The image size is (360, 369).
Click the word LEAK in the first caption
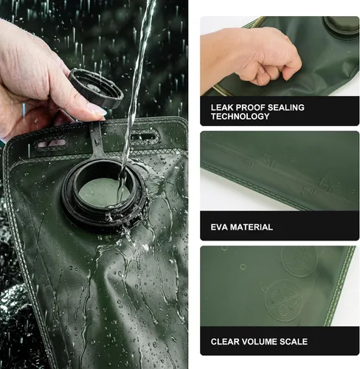pos(220,108)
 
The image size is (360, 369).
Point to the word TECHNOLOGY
pos(240,117)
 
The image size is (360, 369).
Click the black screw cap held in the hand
pos(95,88)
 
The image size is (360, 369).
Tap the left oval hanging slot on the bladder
pos(52,143)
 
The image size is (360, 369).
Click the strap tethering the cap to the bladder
pos(97,140)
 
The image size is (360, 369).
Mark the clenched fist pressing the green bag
pos(255,56)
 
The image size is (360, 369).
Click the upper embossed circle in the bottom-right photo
pos(299,261)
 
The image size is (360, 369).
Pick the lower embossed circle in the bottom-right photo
pos(284,300)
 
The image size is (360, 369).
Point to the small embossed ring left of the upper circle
pos(243,266)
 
